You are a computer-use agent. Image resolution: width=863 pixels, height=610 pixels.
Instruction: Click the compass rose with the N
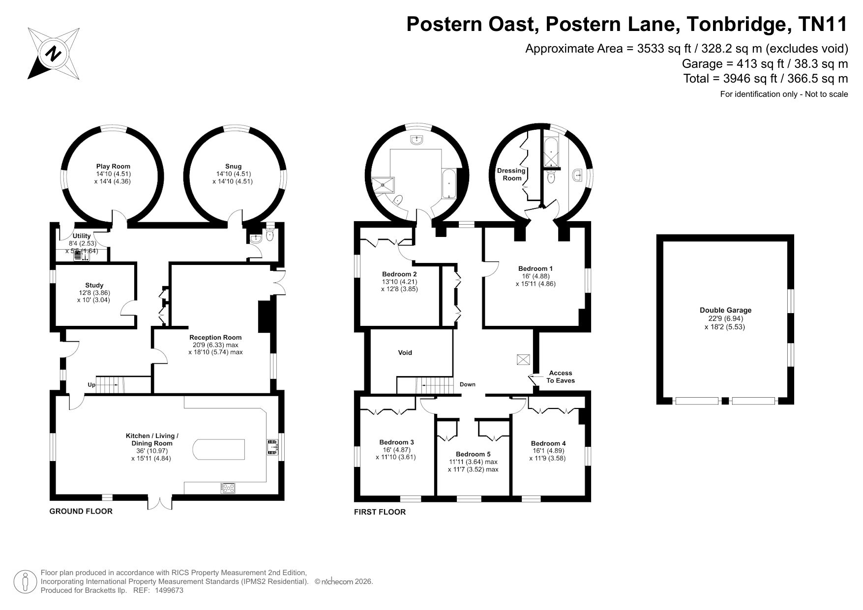pos(54,54)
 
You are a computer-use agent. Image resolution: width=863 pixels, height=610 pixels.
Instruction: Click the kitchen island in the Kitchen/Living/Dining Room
pos(219,449)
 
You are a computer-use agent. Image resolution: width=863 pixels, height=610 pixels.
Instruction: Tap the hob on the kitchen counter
pos(228,488)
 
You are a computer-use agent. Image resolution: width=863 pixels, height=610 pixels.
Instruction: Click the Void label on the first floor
pos(405,352)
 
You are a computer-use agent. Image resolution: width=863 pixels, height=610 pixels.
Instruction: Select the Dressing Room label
pos(511,174)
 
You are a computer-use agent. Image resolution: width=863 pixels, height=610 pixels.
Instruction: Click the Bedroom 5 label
pos(473,454)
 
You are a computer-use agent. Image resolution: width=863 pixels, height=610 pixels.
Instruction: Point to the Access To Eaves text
pos(561,377)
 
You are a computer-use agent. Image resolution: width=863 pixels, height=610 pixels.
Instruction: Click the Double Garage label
pos(725,310)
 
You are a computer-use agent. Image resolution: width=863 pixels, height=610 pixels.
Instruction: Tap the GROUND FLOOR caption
pos(81,511)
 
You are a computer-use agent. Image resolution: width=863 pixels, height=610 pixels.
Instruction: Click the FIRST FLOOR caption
pos(380,512)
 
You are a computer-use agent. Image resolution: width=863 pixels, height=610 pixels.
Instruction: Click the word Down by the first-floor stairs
pos(468,384)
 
